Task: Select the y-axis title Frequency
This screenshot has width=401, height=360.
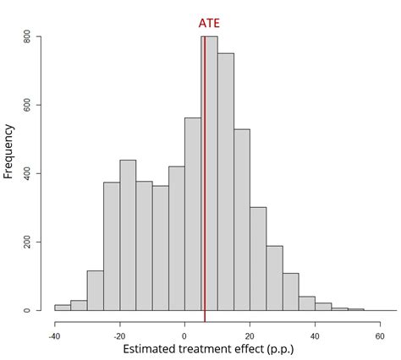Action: [9, 151]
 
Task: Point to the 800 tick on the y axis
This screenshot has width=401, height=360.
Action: [28, 37]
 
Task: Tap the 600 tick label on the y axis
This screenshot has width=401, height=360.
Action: [28, 106]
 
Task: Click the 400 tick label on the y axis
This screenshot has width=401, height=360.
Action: [28, 174]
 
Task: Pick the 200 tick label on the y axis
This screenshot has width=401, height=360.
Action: [28, 243]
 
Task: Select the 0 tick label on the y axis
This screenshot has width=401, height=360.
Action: [28, 310]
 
